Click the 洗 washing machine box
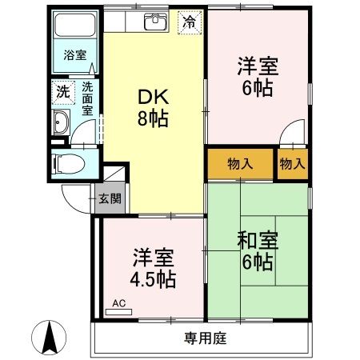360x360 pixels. coord(62,91)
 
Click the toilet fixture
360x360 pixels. coord(68,164)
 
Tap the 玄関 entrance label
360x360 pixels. coord(110,198)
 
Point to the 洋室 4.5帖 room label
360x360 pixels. coord(154,270)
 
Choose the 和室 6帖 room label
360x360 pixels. coord(256,250)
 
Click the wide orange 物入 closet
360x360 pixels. coord(240,164)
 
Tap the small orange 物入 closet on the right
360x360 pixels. coord(292,164)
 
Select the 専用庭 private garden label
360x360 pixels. coord(201,338)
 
